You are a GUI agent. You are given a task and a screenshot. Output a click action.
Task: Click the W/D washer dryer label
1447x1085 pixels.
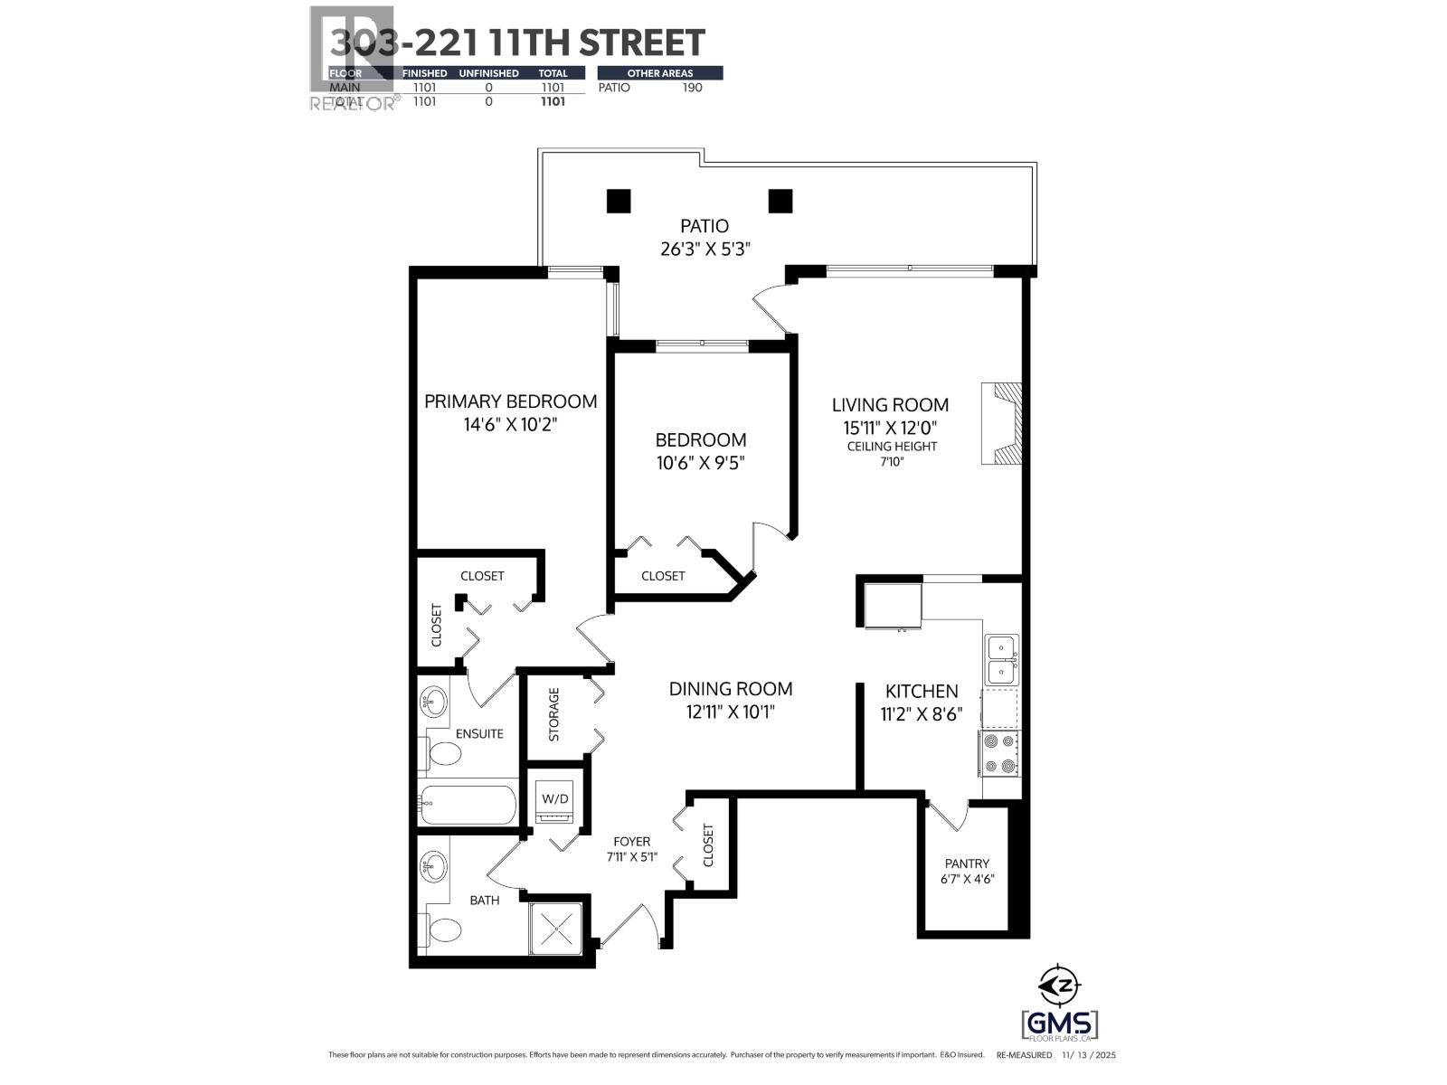point(554,798)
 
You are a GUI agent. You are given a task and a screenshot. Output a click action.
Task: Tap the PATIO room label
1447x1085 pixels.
point(705,226)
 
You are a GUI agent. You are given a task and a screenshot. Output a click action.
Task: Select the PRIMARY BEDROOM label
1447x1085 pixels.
point(510,401)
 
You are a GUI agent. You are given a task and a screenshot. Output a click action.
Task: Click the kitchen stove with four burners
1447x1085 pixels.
point(999,753)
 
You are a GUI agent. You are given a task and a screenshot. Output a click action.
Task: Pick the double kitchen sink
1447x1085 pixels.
point(1001,659)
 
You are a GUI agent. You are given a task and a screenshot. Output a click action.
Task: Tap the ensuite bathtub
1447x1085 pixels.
point(468,803)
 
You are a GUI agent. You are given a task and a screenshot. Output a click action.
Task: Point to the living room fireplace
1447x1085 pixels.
point(1003,424)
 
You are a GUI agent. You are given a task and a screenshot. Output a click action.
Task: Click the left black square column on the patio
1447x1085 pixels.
point(618,201)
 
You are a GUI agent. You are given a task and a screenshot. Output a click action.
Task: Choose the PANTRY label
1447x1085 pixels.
point(967,863)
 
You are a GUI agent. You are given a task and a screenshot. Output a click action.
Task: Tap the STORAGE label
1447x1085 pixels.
point(554,714)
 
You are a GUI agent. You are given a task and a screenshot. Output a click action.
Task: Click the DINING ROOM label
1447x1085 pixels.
point(731,689)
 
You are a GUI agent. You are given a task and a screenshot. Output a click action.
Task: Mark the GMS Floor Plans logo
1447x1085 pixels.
point(1060,1024)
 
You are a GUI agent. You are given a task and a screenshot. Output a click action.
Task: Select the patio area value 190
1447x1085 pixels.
point(692,88)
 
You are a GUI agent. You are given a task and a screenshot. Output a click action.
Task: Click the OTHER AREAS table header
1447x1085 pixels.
point(659,73)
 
